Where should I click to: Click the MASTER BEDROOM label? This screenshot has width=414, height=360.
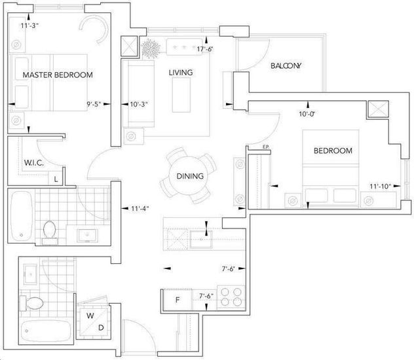[58, 75]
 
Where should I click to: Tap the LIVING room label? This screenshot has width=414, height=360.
[181, 73]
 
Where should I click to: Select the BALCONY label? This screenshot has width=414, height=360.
[286, 65]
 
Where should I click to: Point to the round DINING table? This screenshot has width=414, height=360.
[188, 175]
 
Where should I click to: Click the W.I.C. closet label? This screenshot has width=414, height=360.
[34, 163]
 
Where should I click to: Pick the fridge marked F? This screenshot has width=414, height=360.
[178, 300]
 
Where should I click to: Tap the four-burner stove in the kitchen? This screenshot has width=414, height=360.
[231, 297]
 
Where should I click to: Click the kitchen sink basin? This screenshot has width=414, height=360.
[201, 240]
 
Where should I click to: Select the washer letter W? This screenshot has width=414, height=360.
[90, 315]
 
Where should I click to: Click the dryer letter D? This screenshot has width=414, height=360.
[101, 328]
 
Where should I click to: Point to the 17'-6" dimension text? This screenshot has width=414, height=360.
[205, 49]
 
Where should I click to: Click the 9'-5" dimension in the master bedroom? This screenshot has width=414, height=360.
[94, 104]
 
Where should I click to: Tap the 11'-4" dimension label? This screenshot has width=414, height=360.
[140, 209]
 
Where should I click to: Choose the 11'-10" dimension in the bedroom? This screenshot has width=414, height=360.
[380, 186]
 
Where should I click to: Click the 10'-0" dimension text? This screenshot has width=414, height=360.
[307, 114]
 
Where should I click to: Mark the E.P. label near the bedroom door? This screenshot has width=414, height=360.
[265, 147]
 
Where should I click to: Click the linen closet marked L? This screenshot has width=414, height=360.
[56, 179]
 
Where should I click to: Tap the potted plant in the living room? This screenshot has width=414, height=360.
[151, 49]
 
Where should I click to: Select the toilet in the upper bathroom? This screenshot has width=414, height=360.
[49, 232]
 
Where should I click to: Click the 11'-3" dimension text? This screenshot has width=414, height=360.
[30, 26]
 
